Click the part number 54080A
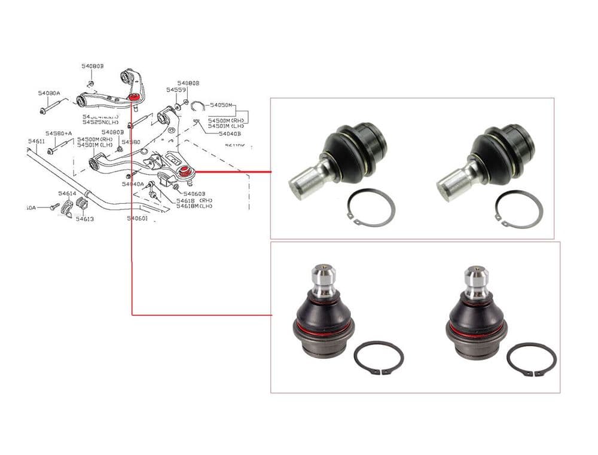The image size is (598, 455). click(49, 93)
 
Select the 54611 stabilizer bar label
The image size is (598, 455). click(36, 141)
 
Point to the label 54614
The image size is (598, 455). click(67, 194)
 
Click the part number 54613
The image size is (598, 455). click(84, 219)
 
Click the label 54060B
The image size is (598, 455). click(194, 194)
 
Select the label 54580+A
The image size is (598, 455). click(59, 133)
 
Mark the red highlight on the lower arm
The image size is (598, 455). click(185, 172)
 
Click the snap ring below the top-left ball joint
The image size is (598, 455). click(371, 208)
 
